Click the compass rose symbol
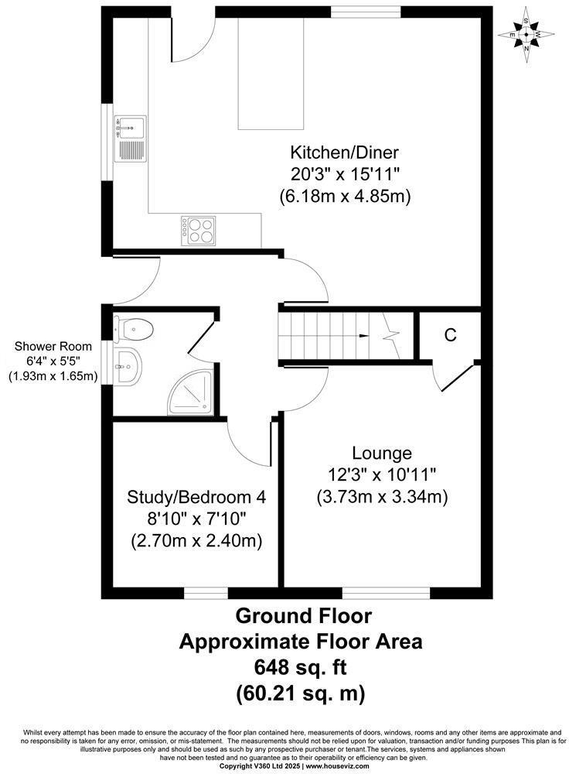tap(526, 34)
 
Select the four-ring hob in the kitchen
tap(199, 230)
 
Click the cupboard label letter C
tap(450, 335)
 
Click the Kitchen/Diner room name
tap(344, 151)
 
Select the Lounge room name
tap(382, 452)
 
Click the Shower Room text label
tap(52, 346)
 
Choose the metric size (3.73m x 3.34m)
tap(382, 496)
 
